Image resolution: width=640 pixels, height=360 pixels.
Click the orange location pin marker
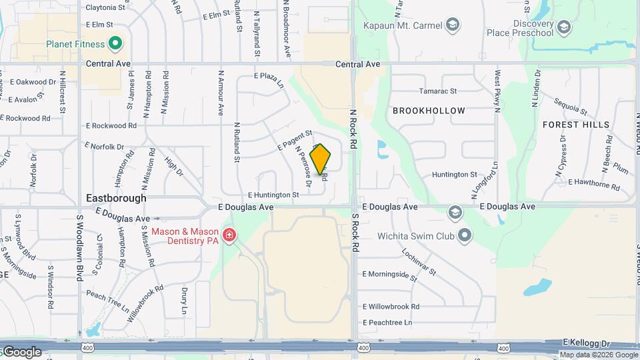(x=321, y=159)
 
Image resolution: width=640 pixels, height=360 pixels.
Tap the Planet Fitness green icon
(x=115, y=45)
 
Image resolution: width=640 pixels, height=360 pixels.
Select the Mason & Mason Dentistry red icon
(x=229, y=235)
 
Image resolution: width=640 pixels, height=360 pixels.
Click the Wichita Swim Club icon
(x=465, y=235)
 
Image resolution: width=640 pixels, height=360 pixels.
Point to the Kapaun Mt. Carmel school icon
(x=453, y=25)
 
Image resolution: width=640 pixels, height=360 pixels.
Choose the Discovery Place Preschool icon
(x=563, y=27)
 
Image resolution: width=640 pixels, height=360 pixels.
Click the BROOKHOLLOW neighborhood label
(x=428, y=111)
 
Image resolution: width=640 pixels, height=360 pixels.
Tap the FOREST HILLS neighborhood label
(x=575, y=125)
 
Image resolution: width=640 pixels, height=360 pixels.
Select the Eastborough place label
(x=116, y=198)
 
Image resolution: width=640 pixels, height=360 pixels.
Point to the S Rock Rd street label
(x=356, y=233)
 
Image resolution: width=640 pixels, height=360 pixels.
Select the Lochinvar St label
(x=419, y=262)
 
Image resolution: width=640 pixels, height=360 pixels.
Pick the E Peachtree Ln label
(x=387, y=323)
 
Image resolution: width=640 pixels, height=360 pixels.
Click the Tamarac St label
(x=437, y=91)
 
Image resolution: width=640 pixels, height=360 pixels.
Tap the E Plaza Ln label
(x=269, y=80)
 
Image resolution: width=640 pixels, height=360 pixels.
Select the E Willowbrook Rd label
(x=391, y=307)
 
